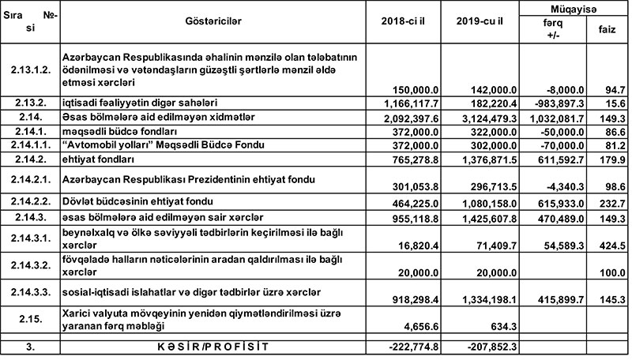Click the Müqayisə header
[574, 7]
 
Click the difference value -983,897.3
[556, 103]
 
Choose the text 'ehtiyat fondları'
[100, 159]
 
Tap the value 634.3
[498, 326]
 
